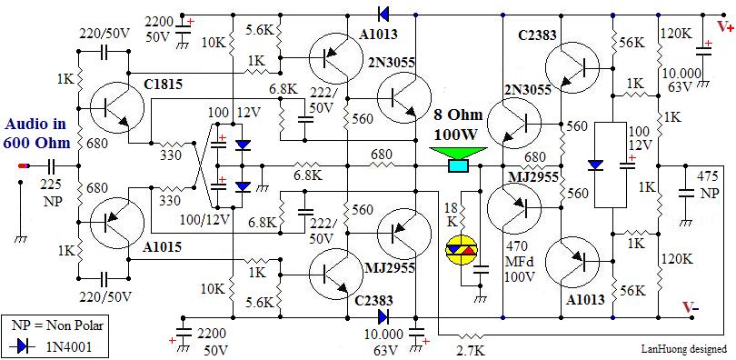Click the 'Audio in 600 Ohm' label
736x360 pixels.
(36, 134)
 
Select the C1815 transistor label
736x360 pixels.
(164, 85)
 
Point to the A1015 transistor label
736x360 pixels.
(161, 247)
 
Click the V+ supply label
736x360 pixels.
(725, 27)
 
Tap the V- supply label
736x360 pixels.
(691, 307)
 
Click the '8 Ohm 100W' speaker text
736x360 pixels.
(458, 125)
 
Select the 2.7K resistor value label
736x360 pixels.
(472, 352)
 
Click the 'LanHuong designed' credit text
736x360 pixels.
(684, 349)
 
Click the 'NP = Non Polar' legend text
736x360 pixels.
(55, 325)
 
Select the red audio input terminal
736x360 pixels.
(24, 165)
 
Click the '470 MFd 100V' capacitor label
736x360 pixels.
(519, 262)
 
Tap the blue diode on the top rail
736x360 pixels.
(383, 15)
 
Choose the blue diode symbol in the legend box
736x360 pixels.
(23, 347)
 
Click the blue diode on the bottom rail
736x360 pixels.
(383, 317)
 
